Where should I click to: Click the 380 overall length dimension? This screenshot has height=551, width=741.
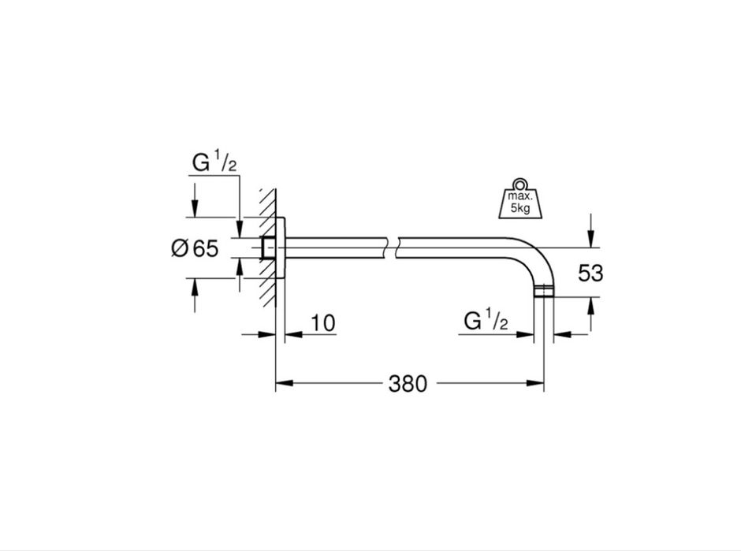[x=408, y=383]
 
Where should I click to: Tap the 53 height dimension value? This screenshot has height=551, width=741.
[x=590, y=274]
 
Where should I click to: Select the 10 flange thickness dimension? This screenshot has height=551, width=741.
[x=322, y=323]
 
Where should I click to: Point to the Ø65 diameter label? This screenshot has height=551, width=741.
[x=195, y=248]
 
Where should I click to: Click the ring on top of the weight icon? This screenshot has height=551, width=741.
[x=520, y=184]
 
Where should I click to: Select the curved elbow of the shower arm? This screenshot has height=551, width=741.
[x=538, y=255]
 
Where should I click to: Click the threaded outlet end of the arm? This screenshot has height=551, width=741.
[x=544, y=291]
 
